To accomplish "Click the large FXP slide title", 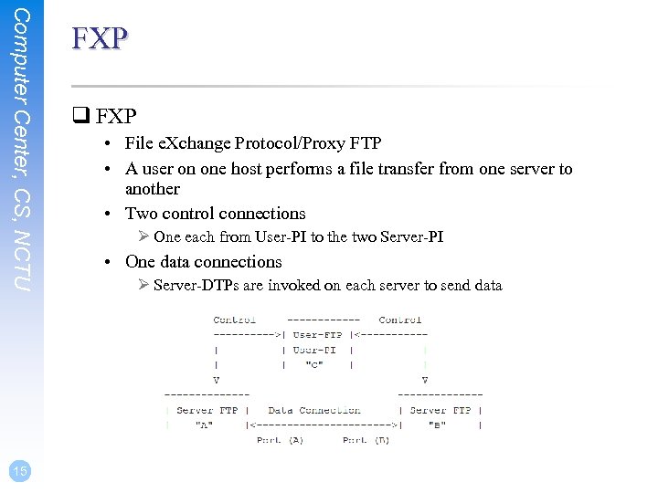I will point(100,37).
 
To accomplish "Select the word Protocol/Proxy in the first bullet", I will point(285,143).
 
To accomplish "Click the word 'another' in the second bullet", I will point(153,189).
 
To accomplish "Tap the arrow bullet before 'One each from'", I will point(143,237).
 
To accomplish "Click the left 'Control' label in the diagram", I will point(234,320).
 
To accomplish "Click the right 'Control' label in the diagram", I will point(399,320).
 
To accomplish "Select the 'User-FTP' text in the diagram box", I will point(318,335).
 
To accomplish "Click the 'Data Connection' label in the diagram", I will point(313,410).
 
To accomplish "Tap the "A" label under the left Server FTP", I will point(207,425).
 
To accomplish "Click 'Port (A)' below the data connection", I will point(280,440).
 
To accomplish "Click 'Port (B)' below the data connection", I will point(366,440).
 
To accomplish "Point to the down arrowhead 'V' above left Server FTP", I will point(216,380).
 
